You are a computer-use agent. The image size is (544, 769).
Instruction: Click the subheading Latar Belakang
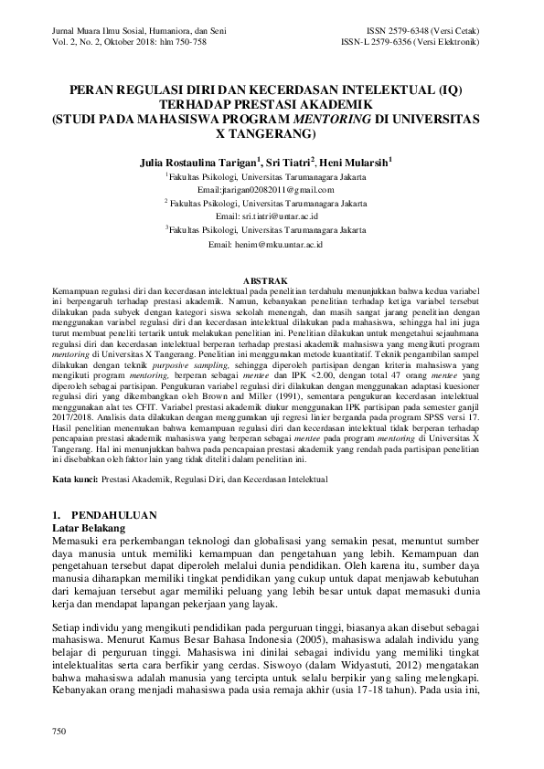[93, 527]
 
